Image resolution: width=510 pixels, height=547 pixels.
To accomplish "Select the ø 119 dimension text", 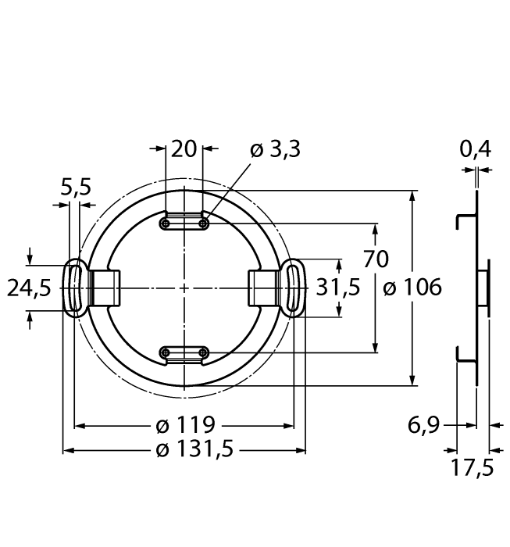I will (185, 426).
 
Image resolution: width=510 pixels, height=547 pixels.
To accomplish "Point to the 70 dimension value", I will (376, 259).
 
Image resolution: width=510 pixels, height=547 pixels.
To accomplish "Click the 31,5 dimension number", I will (338, 288).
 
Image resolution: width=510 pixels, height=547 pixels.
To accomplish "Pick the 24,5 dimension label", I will (29, 288).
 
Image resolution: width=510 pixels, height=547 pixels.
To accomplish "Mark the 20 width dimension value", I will (184, 148).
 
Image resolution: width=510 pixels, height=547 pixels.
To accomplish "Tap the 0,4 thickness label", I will (475, 148).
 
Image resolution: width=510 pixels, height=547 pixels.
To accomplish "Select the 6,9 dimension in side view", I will (425, 426).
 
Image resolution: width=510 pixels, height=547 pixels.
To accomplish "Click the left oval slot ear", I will (76, 288).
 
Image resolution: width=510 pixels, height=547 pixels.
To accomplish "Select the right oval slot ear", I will (294, 288).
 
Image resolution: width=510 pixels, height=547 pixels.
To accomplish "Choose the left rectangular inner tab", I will (105, 288).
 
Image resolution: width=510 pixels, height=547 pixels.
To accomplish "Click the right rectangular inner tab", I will (263, 288).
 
